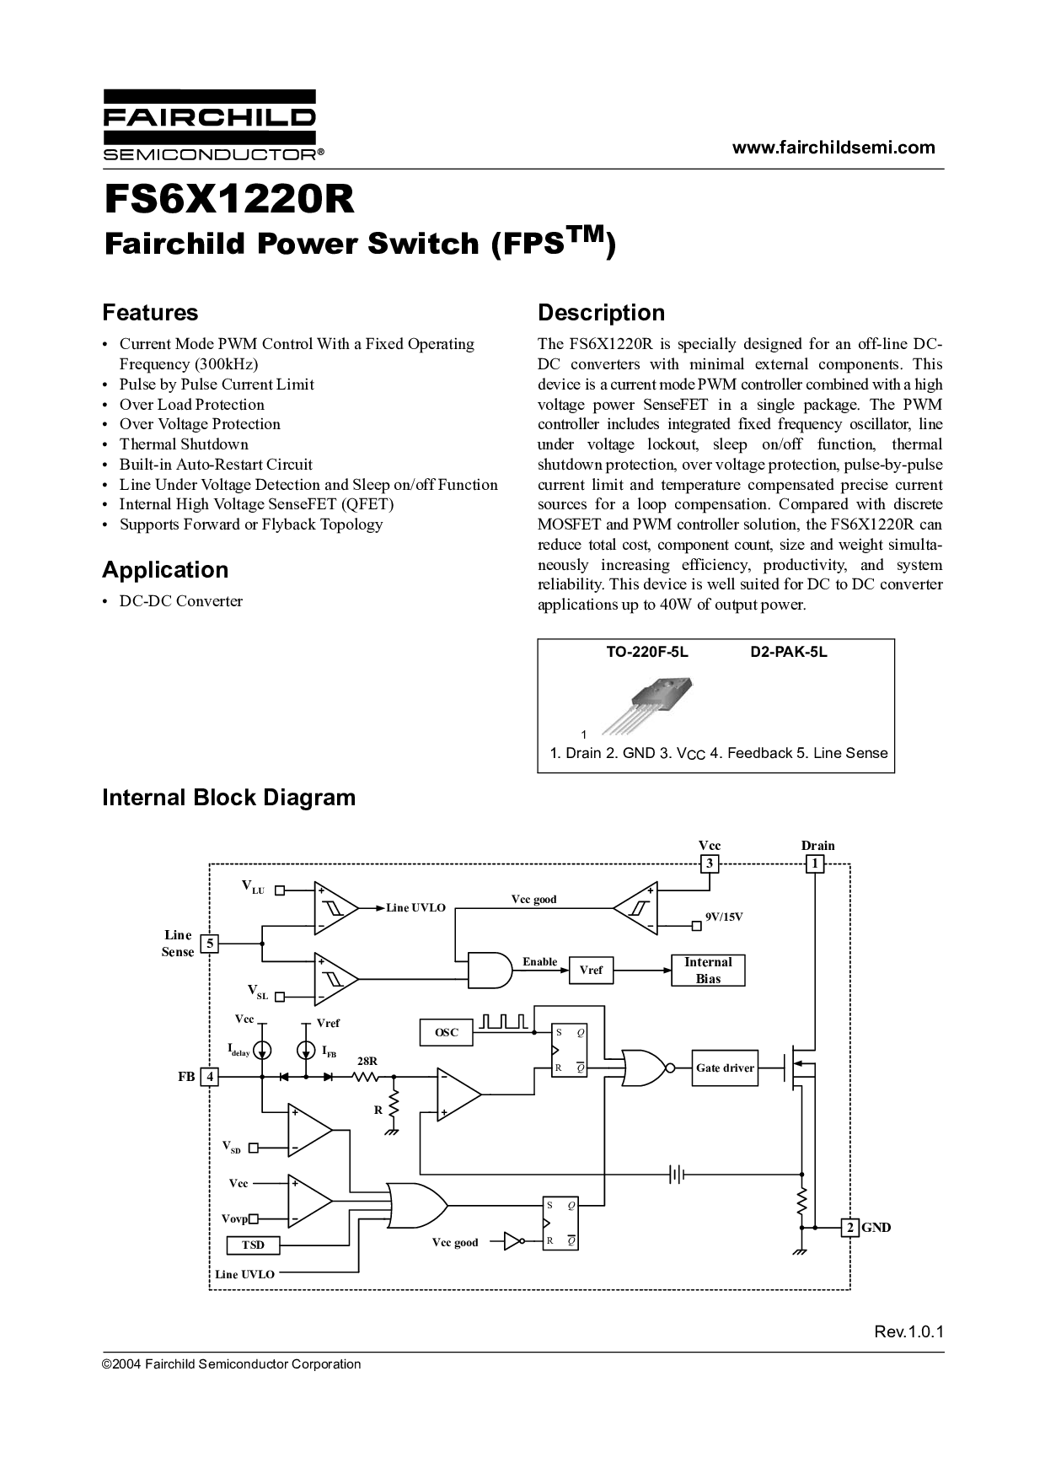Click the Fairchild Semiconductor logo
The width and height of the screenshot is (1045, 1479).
point(209,125)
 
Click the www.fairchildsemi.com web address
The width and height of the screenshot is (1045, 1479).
point(833,148)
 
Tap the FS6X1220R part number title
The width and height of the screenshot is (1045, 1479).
point(228,200)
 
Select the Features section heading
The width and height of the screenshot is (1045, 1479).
point(150,313)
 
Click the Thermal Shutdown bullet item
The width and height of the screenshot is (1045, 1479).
point(184,444)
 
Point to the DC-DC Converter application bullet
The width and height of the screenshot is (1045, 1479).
point(180,601)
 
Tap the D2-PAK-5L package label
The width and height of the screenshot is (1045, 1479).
point(789,653)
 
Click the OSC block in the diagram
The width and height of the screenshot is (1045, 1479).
point(447,1032)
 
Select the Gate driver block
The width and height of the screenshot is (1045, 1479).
point(725,1068)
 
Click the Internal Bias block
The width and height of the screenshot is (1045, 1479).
point(708,971)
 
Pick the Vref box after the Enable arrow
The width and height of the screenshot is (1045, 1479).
point(591,971)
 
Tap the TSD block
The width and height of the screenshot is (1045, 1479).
point(253,1245)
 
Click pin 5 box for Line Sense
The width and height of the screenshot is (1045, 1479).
point(209,944)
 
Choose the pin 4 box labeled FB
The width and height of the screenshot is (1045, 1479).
point(209,1077)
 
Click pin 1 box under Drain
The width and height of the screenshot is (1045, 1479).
point(815,863)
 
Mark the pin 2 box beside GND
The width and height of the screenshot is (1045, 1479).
point(850,1228)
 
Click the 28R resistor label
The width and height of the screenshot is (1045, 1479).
point(367,1062)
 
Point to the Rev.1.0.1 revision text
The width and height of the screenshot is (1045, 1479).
point(908,1332)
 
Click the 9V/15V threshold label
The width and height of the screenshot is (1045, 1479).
point(724,917)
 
